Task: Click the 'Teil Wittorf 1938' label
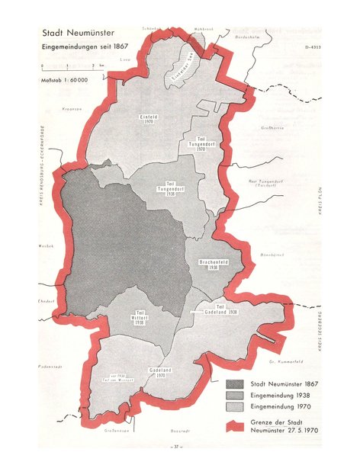point(139,318)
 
